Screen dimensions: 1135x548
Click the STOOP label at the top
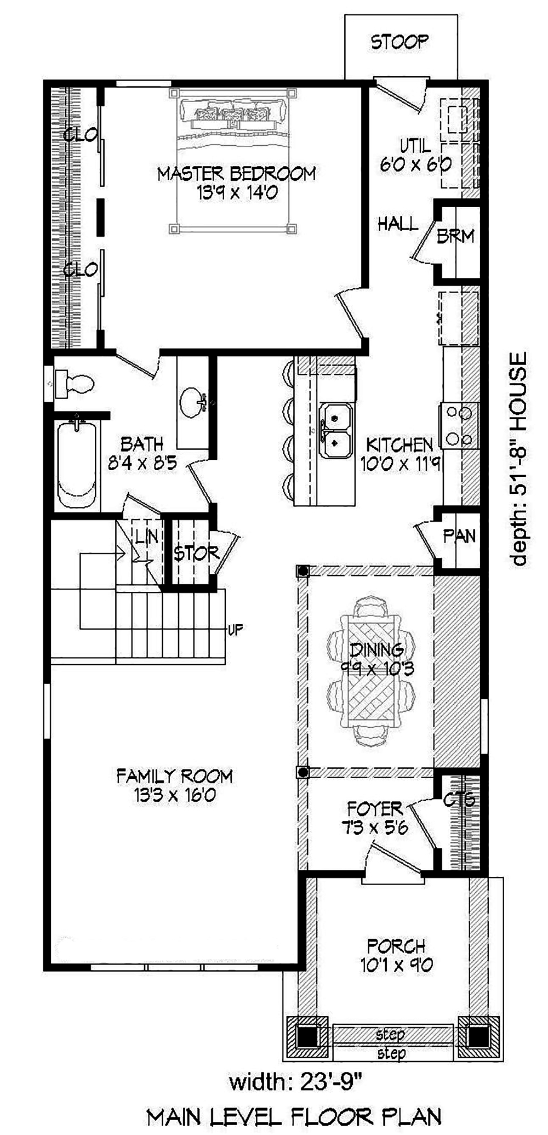399,42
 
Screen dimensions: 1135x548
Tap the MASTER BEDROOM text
236,174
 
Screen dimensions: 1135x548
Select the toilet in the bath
75,383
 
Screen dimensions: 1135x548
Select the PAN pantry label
459,536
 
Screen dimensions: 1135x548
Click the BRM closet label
455,236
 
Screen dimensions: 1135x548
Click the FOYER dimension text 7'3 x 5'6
375,827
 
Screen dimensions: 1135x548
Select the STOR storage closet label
196,554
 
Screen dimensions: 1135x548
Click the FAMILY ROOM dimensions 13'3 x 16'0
175,795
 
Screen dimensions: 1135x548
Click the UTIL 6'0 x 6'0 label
415,155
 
